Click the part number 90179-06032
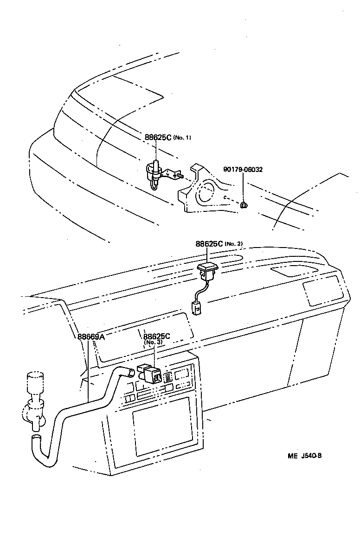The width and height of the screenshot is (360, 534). [243, 170]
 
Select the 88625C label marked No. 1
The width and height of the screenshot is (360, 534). [158, 138]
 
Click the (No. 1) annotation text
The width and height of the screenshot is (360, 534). [182, 138]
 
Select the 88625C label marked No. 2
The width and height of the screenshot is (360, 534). [209, 244]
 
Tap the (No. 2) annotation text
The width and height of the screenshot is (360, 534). [234, 244]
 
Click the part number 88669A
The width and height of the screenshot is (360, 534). [91, 337]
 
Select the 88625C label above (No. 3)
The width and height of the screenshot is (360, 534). [157, 337]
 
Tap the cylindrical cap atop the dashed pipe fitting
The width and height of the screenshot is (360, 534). [34, 381]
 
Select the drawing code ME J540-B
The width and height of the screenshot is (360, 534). [304, 456]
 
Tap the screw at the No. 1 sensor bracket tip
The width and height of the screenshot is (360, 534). [182, 176]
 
